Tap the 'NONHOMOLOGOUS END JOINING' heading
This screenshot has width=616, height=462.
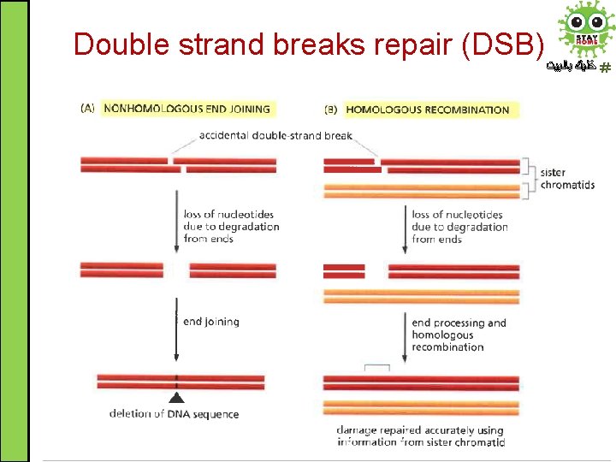pos(186,109)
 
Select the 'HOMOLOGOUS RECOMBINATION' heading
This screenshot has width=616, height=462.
pos(427,110)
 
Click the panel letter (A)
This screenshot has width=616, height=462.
pos(87,109)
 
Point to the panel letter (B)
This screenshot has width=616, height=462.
pos(332,110)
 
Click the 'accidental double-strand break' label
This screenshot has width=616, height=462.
pos(275,135)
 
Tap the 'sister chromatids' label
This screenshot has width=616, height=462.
pos(566,179)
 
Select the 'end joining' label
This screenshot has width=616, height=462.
pos(210,322)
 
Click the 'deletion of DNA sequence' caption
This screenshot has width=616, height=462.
pos(174,414)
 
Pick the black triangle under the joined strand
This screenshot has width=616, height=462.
pos(176,397)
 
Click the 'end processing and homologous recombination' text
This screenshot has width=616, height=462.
pos(459,335)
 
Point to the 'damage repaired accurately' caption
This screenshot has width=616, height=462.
pos(420,436)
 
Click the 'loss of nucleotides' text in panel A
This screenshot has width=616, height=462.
pos(231,227)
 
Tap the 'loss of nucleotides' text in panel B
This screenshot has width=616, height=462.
pos(459,227)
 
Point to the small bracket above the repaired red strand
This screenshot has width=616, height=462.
pos(376,368)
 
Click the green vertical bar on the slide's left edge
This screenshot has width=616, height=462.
pos(15,231)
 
